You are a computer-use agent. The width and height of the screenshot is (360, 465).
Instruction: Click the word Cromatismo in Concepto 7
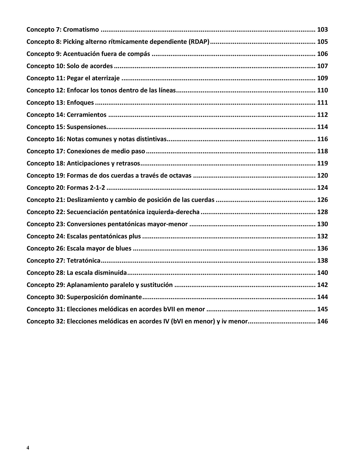81,30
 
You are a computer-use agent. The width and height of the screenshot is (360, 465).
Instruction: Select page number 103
322,30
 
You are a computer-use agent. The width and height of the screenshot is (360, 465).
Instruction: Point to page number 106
322,54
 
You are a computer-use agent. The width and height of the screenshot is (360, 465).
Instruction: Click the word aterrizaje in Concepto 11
106,78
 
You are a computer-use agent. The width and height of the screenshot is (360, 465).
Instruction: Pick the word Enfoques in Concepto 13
80,103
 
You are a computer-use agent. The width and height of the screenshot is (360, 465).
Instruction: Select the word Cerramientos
87,115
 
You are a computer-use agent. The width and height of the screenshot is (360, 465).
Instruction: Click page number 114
322,127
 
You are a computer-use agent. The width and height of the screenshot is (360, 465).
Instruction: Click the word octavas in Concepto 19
181,175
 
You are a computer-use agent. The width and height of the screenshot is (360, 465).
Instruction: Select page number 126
322,200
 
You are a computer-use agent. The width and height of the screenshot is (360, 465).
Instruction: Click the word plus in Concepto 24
135,236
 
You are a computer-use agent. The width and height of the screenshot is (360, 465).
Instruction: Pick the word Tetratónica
84,260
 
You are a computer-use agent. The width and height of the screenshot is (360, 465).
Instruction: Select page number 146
322,321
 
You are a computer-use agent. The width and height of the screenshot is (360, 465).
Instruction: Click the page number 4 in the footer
28,447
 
